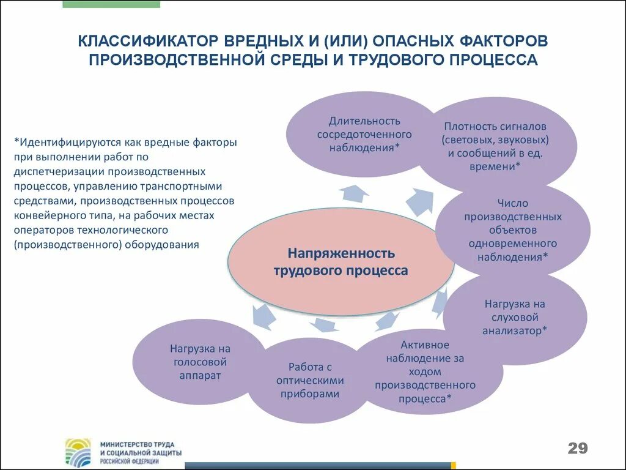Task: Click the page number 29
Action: [x=577, y=448]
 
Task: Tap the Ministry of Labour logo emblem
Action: [x=78, y=452]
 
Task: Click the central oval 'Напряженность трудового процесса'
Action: [x=341, y=261]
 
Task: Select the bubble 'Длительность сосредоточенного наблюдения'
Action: [x=364, y=134]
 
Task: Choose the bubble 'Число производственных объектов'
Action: [x=512, y=230]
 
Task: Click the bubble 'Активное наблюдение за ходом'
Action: [x=425, y=371]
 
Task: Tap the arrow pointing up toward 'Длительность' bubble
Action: [x=355, y=193]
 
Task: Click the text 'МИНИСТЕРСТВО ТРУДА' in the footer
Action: [x=138, y=443]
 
